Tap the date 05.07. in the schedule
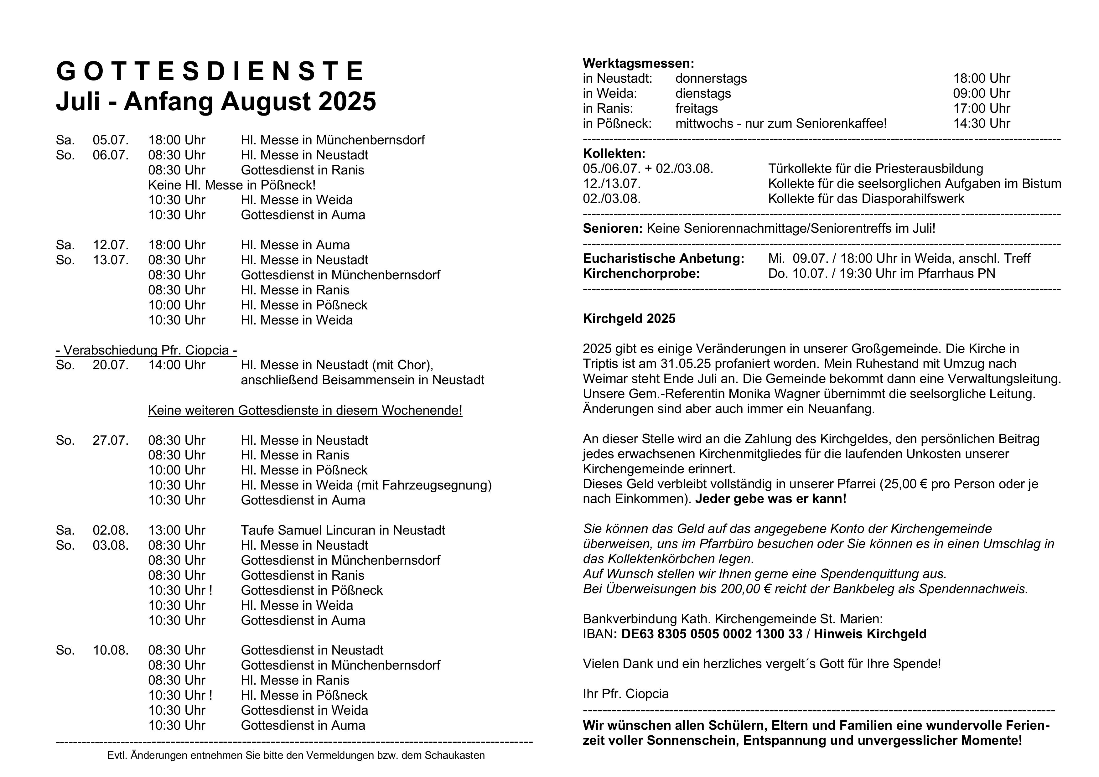[111, 140]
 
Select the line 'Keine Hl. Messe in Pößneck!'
[232, 185]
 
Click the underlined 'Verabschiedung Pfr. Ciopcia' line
[147, 350]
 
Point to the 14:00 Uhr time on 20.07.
[177, 365]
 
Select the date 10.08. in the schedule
[111, 650]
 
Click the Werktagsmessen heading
[638, 64]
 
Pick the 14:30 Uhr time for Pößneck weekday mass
[981, 123]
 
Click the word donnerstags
[711, 79]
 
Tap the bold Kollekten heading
[614, 154]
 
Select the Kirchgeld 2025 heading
[629, 319]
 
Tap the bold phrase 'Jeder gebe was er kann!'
[771, 499]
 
